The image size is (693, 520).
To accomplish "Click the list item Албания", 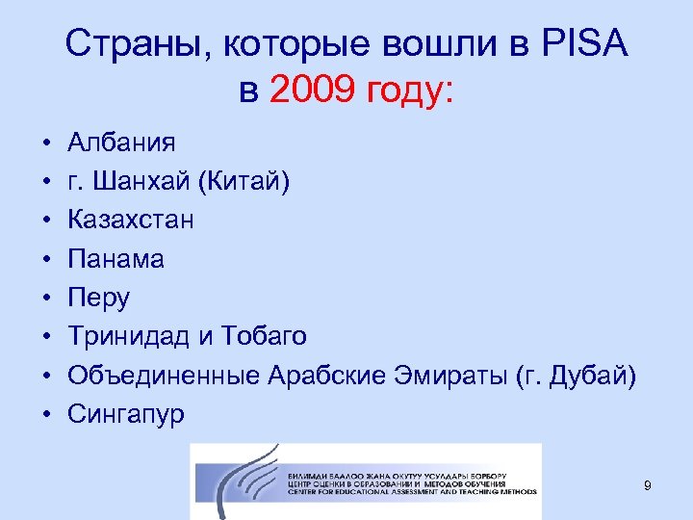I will coord(121,143).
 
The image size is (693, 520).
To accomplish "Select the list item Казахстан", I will coord(131,221).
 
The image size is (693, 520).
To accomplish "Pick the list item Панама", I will coord(116,259).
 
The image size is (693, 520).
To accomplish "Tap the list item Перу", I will coord(99,298).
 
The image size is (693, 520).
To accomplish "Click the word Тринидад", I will coord(132,336).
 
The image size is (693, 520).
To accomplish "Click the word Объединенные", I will coord(165,375).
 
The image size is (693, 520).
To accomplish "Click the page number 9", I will coord(648,486).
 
